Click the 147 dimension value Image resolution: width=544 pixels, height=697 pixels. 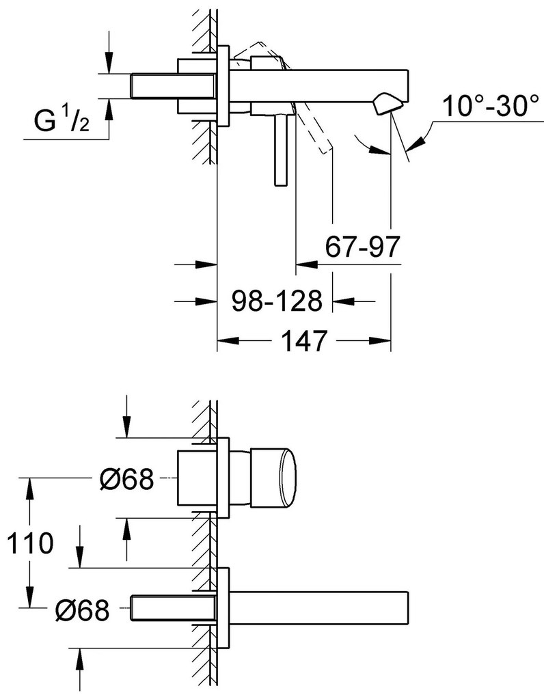click(x=304, y=341)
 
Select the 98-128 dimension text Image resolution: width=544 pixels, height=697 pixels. click(x=277, y=301)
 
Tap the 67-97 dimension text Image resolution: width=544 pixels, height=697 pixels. click(x=362, y=247)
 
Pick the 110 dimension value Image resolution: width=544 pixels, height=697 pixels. click(x=31, y=543)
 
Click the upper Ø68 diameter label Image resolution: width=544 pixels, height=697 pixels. click(x=126, y=479)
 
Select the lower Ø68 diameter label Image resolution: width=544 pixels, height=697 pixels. click(x=82, y=610)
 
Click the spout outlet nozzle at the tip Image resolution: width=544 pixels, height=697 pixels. click(x=387, y=105)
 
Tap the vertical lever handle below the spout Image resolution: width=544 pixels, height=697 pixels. click(x=282, y=150)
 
